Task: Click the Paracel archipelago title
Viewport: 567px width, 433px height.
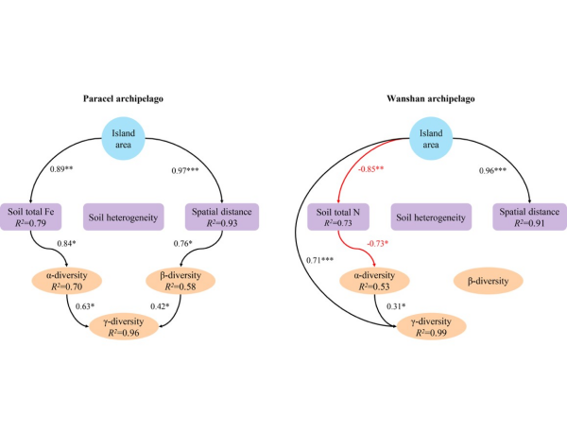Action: [x=139, y=99]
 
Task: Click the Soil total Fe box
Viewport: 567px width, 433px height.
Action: [x=41, y=216]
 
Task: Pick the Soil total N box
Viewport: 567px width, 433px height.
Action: [x=340, y=216]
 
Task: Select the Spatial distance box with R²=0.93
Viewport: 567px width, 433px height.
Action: [x=220, y=216]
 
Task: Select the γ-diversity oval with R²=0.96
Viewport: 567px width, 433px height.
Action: [x=131, y=327]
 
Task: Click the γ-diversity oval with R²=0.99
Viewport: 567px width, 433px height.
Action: [x=432, y=327]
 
